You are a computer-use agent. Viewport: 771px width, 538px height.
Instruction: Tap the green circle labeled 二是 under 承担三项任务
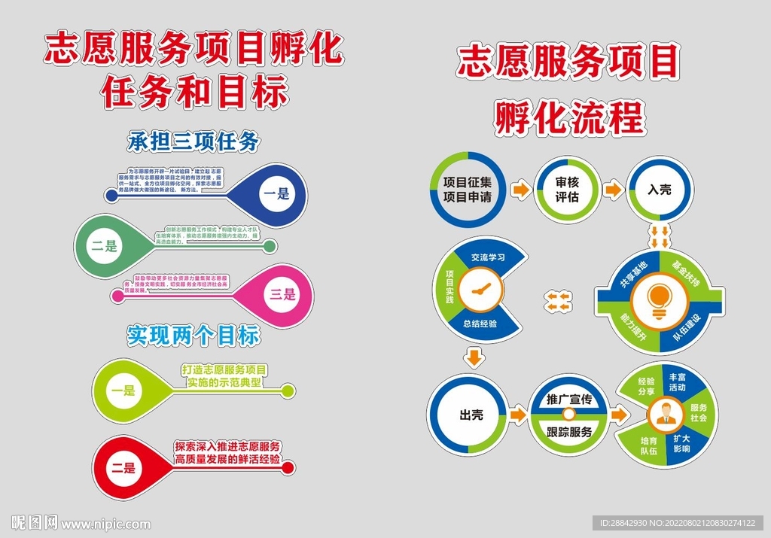105,245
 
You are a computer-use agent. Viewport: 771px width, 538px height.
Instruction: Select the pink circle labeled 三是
282,294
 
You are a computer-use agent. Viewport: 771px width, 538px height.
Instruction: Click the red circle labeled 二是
123,467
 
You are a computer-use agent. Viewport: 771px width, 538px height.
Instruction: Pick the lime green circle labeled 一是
122,391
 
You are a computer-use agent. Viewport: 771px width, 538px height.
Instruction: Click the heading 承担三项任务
194,141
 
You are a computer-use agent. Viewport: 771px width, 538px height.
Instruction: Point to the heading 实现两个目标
194,336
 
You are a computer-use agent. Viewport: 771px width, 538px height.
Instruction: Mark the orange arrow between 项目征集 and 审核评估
519,190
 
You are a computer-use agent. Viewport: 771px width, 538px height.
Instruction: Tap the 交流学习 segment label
488,257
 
